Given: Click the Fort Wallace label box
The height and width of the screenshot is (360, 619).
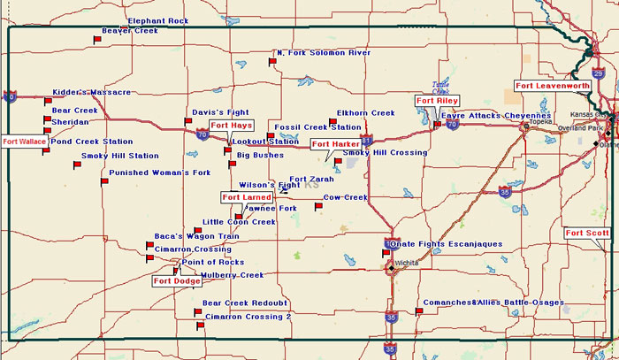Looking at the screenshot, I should [x=23, y=142].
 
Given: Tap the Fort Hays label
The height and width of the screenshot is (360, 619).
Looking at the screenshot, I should [x=231, y=126].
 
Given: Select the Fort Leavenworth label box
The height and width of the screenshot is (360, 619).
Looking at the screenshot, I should [x=553, y=86].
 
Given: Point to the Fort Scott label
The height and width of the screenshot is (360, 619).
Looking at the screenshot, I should [x=586, y=233].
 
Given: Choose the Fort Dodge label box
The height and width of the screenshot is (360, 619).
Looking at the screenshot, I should [x=176, y=281].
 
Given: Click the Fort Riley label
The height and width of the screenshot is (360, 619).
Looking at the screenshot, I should [x=437, y=101].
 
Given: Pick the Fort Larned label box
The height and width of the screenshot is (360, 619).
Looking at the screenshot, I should [x=247, y=197].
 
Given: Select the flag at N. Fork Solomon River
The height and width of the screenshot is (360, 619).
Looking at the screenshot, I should [x=272, y=61].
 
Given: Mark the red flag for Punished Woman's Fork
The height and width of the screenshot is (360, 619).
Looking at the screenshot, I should [x=104, y=181].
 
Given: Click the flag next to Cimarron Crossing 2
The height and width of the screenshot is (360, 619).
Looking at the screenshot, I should [x=200, y=326].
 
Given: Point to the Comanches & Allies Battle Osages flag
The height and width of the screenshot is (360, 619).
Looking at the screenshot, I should [x=418, y=310].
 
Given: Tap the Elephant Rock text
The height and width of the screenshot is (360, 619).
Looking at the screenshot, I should [x=158, y=20].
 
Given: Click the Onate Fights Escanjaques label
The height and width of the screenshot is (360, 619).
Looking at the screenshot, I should [x=446, y=243].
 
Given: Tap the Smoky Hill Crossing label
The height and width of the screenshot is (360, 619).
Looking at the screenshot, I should [x=385, y=152].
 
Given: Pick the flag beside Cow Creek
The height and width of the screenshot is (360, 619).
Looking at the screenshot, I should [x=318, y=206].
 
